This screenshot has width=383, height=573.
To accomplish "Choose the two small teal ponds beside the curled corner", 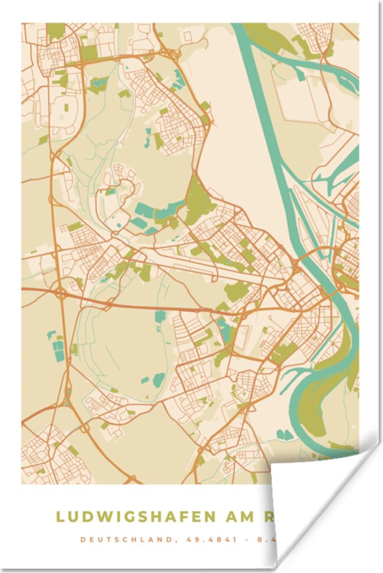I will (284, 434).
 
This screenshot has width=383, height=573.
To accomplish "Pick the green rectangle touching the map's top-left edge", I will (55, 30).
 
